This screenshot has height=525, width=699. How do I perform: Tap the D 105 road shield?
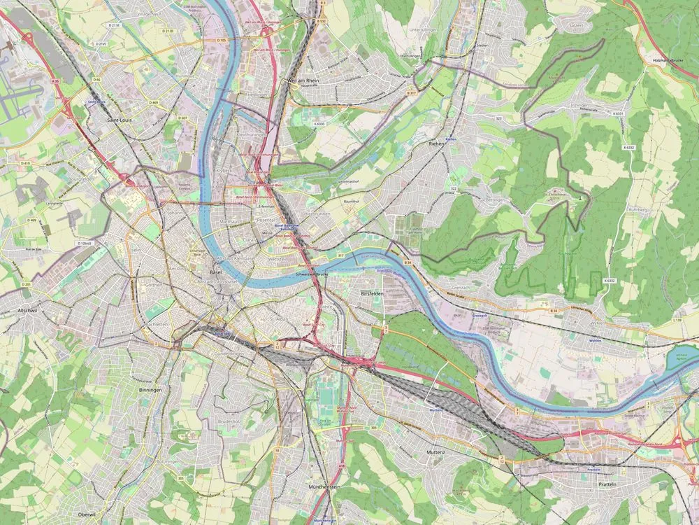pyautogui.click(x=222, y=41)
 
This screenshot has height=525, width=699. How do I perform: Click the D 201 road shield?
pyautogui.click(x=27, y=285)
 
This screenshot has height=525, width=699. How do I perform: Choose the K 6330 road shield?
pyautogui.click(x=320, y=124)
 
